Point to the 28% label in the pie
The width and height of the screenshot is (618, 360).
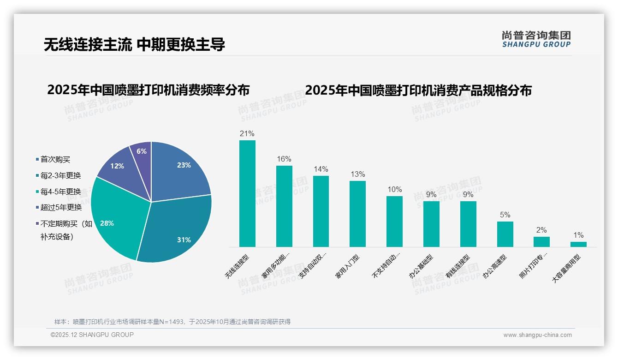click(x=107, y=223)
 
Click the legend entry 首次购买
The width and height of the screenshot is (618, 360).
click(x=55, y=159)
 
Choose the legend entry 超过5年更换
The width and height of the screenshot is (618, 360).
click(x=60, y=207)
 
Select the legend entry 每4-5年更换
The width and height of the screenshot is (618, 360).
click(x=60, y=191)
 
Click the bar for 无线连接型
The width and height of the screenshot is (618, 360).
click(x=247, y=194)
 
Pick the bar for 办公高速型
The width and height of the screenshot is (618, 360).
click(x=505, y=234)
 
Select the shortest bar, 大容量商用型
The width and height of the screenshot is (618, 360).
click(x=578, y=244)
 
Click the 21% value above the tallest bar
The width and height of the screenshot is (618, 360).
click(x=247, y=134)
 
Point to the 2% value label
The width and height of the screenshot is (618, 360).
click(x=541, y=230)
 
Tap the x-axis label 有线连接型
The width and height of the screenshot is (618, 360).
click(x=458, y=266)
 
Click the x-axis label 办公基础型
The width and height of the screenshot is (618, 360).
click(x=421, y=266)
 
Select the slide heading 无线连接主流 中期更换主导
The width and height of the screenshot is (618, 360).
click(x=134, y=44)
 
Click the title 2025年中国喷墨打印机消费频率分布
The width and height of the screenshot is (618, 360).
click(x=148, y=90)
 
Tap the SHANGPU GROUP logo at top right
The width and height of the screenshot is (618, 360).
click(x=536, y=39)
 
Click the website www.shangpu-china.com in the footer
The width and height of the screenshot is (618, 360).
click(x=537, y=335)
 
